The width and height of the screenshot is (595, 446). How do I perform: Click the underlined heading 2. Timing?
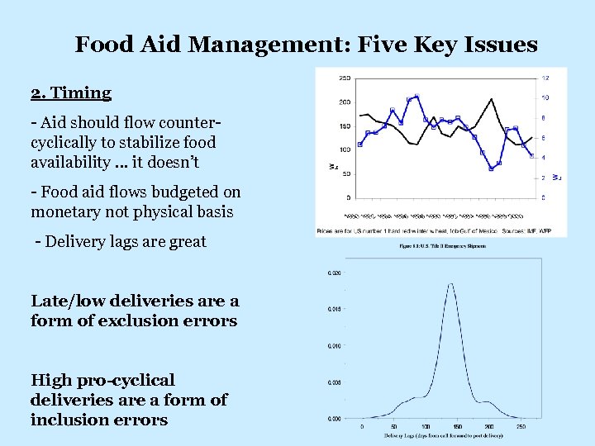point(70,92)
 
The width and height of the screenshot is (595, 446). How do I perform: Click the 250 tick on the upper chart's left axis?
point(344,78)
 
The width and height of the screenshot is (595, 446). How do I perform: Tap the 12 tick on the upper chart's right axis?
point(545,78)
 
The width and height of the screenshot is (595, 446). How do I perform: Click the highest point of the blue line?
point(417,97)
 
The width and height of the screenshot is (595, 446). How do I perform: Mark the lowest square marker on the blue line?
point(491,168)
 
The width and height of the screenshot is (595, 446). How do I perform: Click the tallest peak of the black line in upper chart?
point(493,99)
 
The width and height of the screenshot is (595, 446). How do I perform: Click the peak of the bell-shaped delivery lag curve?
point(450,284)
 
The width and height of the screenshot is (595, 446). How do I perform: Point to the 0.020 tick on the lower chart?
point(334,273)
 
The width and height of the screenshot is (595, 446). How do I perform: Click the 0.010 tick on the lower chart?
point(334,346)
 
